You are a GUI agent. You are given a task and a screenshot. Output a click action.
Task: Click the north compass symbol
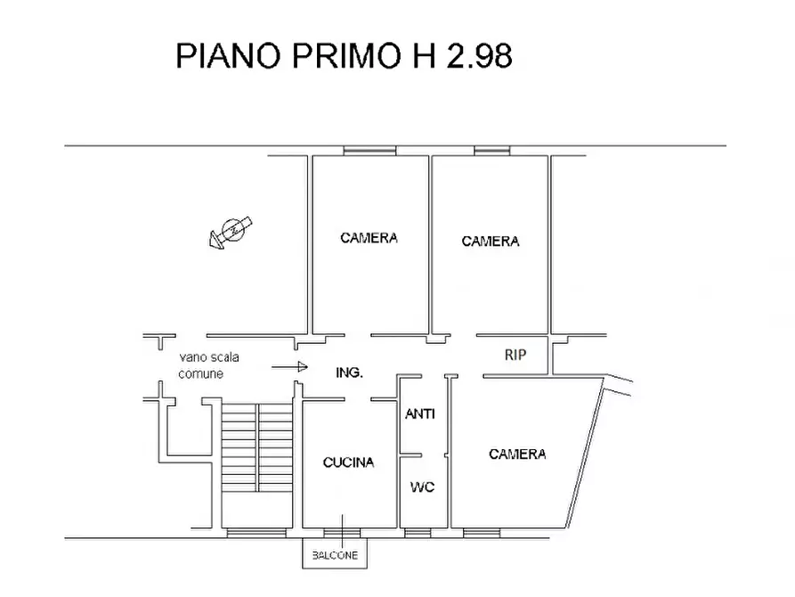pos(231,230)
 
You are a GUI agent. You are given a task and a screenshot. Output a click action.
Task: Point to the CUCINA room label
pos(348,462)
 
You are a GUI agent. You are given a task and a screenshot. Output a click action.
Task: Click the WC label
pos(421,487)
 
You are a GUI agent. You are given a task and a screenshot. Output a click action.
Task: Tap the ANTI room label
pos(420,413)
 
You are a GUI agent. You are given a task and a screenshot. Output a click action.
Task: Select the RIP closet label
pos(515,355)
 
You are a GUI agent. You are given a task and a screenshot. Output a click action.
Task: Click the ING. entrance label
pos(349,372)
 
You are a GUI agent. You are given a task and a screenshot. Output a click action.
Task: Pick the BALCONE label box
pos(335,555)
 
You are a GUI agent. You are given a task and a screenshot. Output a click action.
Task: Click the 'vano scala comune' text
pos(207,365)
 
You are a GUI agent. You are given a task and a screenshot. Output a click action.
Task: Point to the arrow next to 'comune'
pos(290,366)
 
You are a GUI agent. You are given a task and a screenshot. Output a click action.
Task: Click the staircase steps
pos(256,446)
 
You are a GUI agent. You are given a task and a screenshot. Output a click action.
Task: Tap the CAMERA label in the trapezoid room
pos(517,454)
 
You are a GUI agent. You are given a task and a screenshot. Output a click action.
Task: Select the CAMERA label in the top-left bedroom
pos(369,238)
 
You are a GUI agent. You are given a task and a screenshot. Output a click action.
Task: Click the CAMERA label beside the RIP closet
pos(491,241)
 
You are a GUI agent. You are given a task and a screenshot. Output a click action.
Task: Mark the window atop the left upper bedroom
pos(369,151)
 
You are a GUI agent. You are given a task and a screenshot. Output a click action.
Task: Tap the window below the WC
pos(417,533)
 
